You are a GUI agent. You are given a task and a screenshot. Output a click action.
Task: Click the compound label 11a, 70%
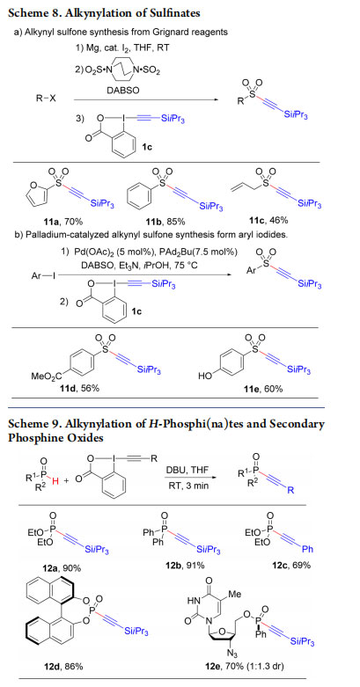(x=63, y=222)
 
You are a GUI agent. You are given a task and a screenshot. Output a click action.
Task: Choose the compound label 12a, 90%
(x=66, y=568)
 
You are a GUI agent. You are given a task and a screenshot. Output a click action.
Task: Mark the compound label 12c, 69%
(x=298, y=566)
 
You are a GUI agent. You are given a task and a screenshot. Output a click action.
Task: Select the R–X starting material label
(x=46, y=99)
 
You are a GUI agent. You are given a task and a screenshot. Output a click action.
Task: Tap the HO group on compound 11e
(x=206, y=376)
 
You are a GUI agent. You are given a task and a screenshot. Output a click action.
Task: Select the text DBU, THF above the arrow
(x=187, y=470)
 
